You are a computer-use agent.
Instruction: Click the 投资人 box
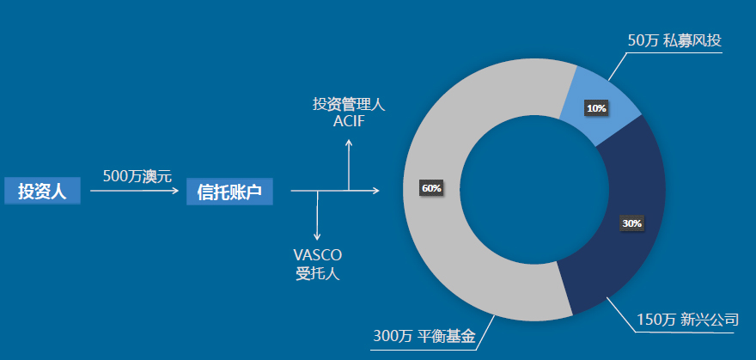point(42,191)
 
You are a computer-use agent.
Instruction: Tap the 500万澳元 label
point(137,176)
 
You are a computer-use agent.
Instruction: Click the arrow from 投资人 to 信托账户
point(134,191)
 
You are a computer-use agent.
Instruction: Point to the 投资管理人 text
point(349,105)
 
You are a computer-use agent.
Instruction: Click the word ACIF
point(349,121)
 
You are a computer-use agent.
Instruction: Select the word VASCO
point(317,255)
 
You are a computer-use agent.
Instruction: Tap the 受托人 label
point(317,274)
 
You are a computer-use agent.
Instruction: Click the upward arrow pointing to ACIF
point(348,163)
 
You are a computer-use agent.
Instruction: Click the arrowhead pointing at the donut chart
point(375,190)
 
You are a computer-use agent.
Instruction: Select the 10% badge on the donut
point(595,108)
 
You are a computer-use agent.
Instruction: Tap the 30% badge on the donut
point(631,223)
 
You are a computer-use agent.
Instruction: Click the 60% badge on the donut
point(431,188)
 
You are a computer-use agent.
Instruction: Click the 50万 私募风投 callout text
point(674,40)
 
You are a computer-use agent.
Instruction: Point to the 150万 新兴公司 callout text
point(687,320)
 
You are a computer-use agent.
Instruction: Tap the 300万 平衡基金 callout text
point(424,336)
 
